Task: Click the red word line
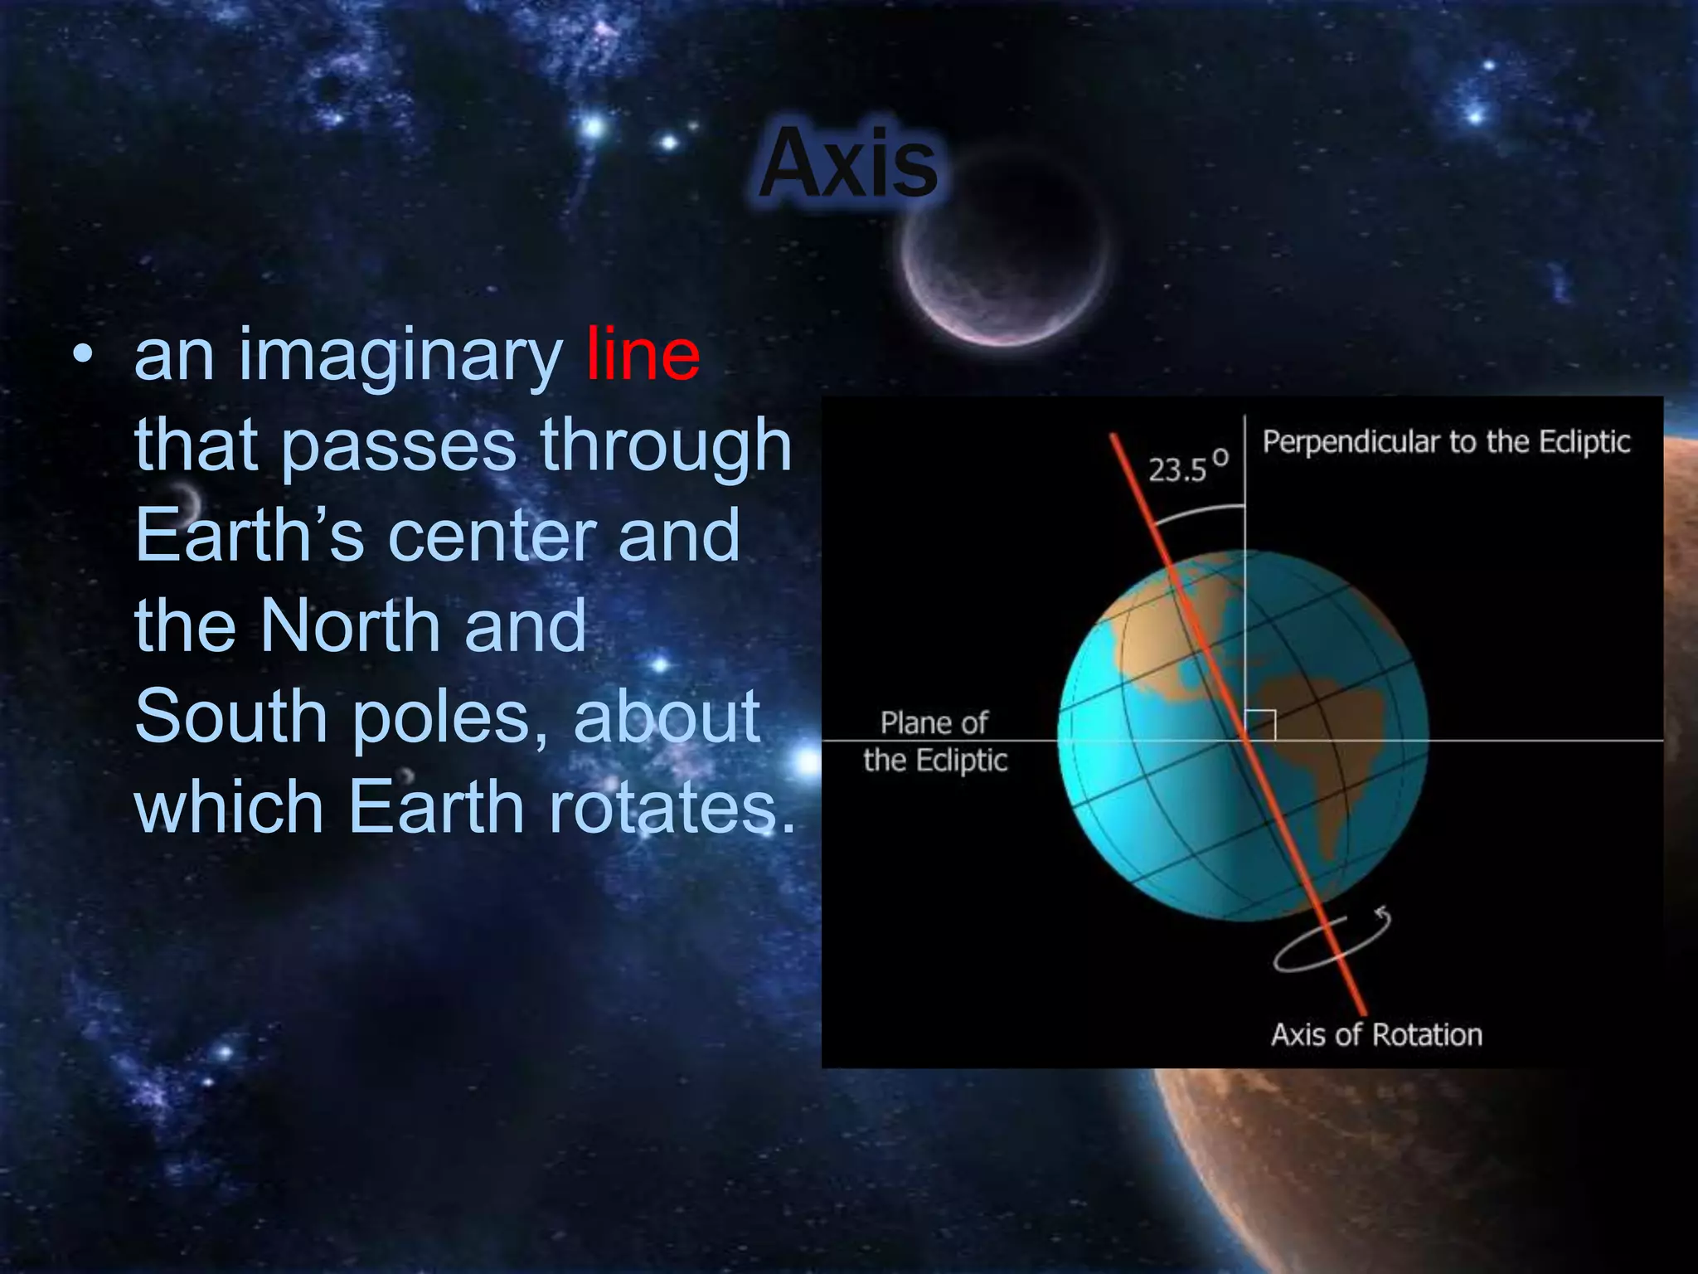pos(643,355)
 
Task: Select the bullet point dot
pos(82,354)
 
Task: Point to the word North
pos(350,625)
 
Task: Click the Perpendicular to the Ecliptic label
pos(1445,442)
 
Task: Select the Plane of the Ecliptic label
pos(934,742)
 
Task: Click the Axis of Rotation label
pos(1375,1035)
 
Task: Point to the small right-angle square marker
pos(1261,725)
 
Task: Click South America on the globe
pos(1327,738)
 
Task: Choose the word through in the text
pos(666,446)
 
